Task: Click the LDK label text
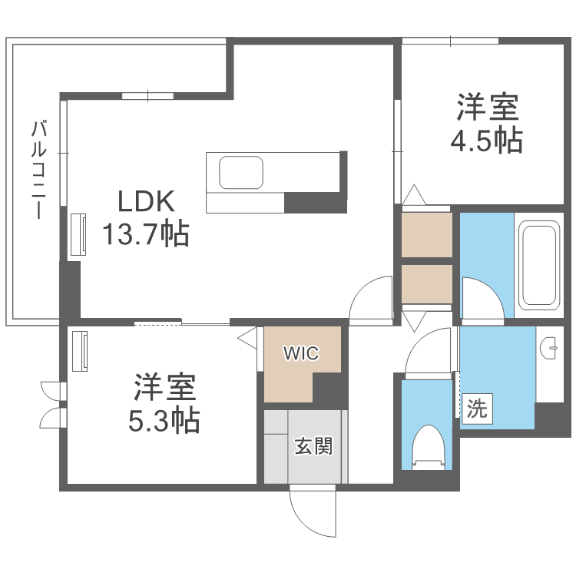(146, 201)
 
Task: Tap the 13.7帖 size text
(145, 233)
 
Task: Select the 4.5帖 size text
(487, 140)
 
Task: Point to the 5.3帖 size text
(164, 419)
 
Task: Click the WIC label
(301, 353)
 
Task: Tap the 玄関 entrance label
(313, 446)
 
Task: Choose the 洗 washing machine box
(477, 409)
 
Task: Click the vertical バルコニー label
(39, 170)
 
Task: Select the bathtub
(539, 265)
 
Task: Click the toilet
(429, 448)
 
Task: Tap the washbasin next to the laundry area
(549, 348)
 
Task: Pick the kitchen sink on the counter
(241, 172)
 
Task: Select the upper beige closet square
(427, 235)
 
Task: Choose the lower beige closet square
(427, 284)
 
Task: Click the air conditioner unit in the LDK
(78, 234)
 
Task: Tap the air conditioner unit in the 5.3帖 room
(80, 351)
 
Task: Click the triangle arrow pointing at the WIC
(247, 338)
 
